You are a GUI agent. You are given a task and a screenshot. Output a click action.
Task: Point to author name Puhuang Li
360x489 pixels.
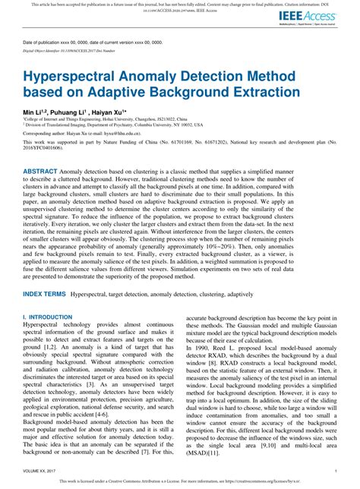click(74, 111)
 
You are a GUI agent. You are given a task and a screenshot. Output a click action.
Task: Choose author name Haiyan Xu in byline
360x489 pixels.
click(115, 111)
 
